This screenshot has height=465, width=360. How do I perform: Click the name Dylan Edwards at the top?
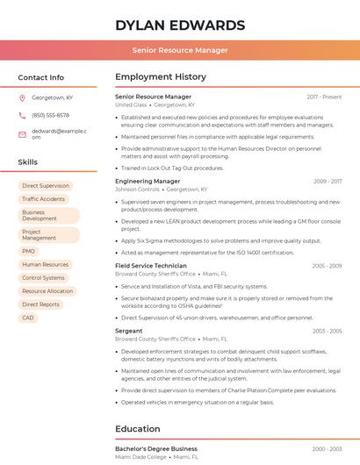point(180,25)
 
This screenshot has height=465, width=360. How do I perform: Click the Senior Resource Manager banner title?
point(180,51)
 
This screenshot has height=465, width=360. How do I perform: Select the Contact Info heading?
point(41,77)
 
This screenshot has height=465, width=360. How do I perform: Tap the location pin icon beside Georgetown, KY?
point(23,98)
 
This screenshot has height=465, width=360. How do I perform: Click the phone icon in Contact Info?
point(23,115)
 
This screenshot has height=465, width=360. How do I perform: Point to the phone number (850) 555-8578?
point(50,115)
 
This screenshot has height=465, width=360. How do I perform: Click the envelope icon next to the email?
point(23,134)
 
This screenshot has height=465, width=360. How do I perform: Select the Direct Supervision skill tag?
point(46,186)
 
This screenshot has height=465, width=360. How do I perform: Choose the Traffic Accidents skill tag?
point(44,199)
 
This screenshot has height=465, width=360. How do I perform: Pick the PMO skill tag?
point(29,251)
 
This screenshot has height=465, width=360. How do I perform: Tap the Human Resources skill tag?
point(45,264)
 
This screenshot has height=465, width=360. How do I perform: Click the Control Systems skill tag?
point(44,277)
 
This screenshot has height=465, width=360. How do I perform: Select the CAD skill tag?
point(28,318)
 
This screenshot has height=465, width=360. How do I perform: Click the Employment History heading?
point(161,77)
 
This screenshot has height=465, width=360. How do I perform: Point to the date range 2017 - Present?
point(325,97)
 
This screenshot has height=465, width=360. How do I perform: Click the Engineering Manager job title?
point(148,181)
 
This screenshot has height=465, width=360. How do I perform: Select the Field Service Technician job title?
point(151,265)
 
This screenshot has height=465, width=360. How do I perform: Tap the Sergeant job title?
point(129,331)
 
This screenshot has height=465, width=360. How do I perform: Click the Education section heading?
point(138,429)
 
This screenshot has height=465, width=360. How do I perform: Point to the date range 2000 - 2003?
point(327,448)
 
